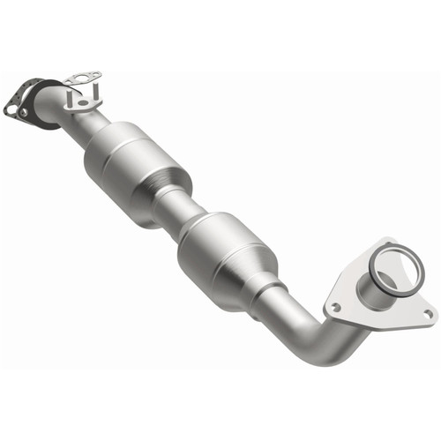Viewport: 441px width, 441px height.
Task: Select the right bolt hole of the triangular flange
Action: pos(429,312)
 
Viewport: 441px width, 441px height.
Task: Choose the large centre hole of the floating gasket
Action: pos(82,78)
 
